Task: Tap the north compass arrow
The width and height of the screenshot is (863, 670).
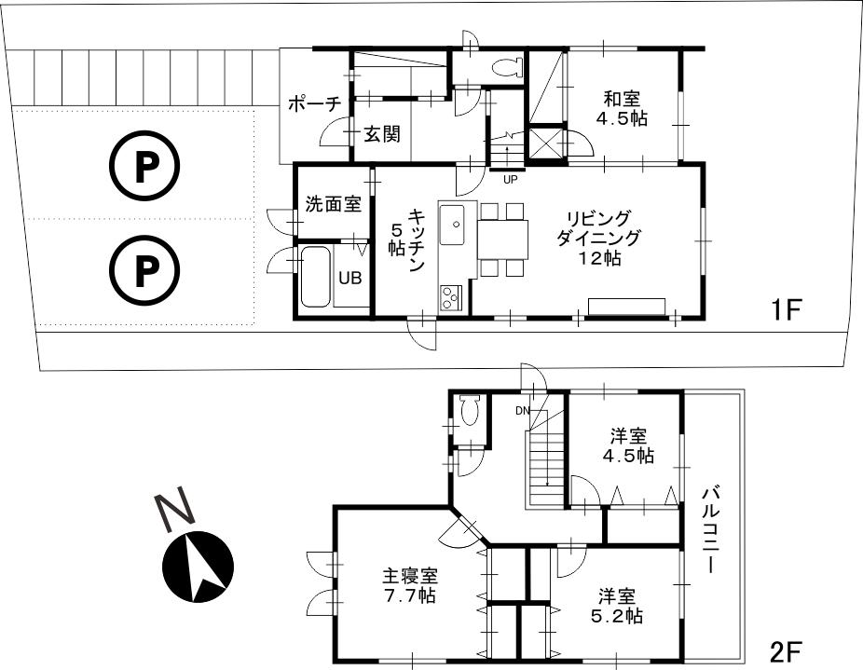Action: pyautogui.click(x=198, y=564)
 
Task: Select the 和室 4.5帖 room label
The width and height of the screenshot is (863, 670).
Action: pyautogui.click(x=623, y=108)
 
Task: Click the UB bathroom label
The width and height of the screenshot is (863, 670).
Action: pyautogui.click(x=350, y=277)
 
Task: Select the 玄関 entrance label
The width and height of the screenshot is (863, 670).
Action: pyautogui.click(x=381, y=134)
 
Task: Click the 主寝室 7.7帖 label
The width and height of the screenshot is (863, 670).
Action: pyautogui.click(x=409, y=585)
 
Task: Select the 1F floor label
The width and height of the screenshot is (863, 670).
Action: pyautogui.click(x=786, y=309)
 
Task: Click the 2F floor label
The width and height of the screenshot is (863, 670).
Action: pyautogui.click(x=786, y=649)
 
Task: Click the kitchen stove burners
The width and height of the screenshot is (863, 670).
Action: pyautogui.click(x=449, y=297)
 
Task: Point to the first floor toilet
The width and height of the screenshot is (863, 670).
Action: pyautogui.click(x=507, y=68)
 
